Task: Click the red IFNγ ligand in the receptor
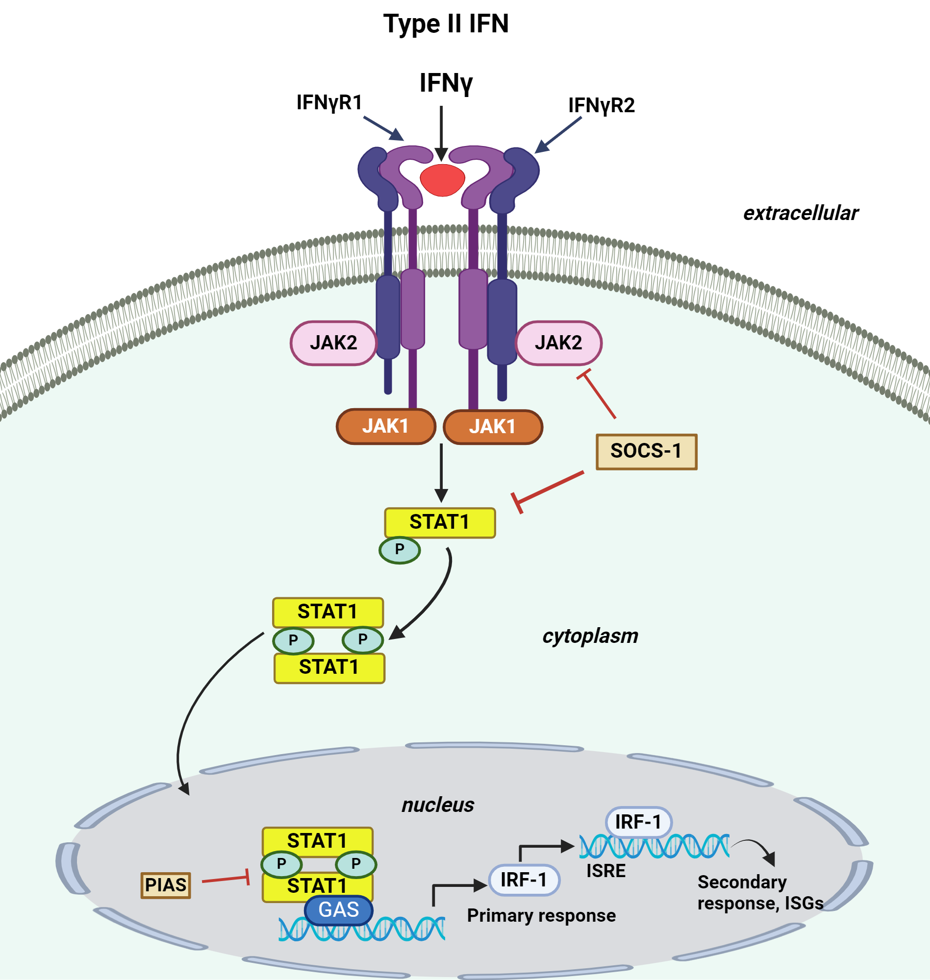(442, 179)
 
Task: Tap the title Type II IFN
(446, 24)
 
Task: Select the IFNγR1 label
(329, 102)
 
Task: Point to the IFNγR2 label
(602, 105)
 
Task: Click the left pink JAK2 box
(333, 343)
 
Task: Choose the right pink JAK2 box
(558, 343)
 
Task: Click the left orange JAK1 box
(386, 426)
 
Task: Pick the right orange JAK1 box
(493, 427)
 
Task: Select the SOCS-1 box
(646, 451)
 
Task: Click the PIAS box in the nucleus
(166, 885)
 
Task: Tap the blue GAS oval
(339, 909)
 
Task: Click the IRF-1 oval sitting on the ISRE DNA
(638, 822)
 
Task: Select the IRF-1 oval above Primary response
(524, 880)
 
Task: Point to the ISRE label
(606, 871)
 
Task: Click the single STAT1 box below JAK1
(440, 522)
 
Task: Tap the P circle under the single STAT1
(400, 549)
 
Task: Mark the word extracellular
(801, 213)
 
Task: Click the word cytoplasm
(590, 636)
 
